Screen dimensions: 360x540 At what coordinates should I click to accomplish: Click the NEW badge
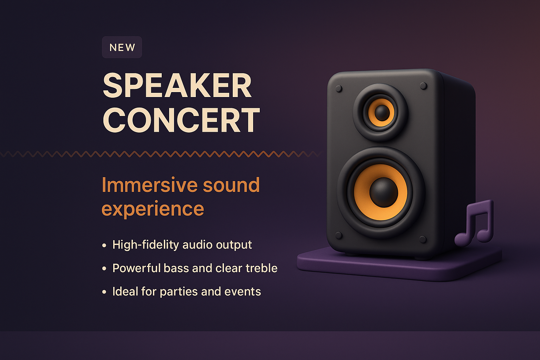[122, 47]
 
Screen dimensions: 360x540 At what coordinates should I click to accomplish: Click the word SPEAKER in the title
[177, 86]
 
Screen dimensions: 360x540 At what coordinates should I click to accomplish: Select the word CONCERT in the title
[181, 120]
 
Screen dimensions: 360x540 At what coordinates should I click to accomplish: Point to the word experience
[153, 209]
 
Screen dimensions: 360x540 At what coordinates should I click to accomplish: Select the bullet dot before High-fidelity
[104, 245]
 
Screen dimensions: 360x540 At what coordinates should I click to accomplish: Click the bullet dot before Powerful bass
[104, 269]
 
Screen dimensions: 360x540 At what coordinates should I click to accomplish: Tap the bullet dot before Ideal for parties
[104, 292]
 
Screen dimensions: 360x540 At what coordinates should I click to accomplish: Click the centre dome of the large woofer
[384, 192]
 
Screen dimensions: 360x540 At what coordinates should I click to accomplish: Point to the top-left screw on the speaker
[339, 89]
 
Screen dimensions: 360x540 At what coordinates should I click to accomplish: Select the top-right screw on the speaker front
[424, 86]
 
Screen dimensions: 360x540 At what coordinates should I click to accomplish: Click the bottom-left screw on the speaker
[339, 235]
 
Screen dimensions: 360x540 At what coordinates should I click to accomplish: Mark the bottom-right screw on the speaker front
[423, 239]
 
